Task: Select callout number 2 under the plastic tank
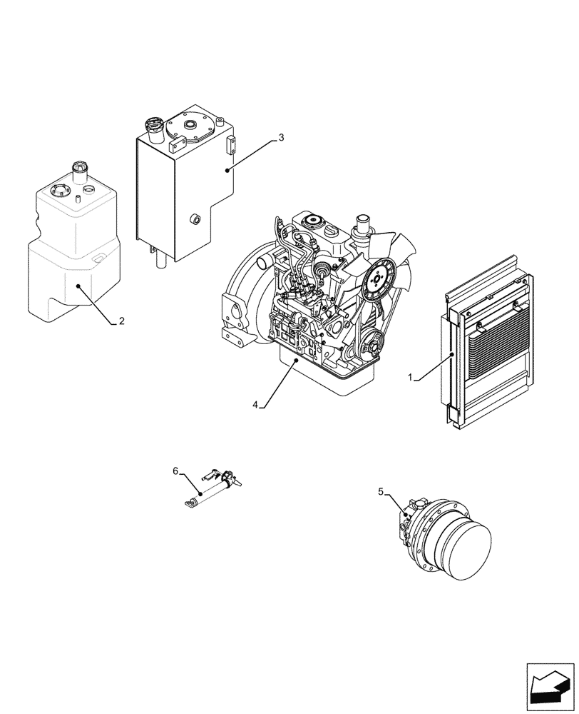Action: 121,321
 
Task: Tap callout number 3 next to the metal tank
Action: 281,137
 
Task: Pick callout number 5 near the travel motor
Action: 381,491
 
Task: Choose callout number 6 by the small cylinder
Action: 175,470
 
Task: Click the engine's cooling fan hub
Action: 379,281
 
